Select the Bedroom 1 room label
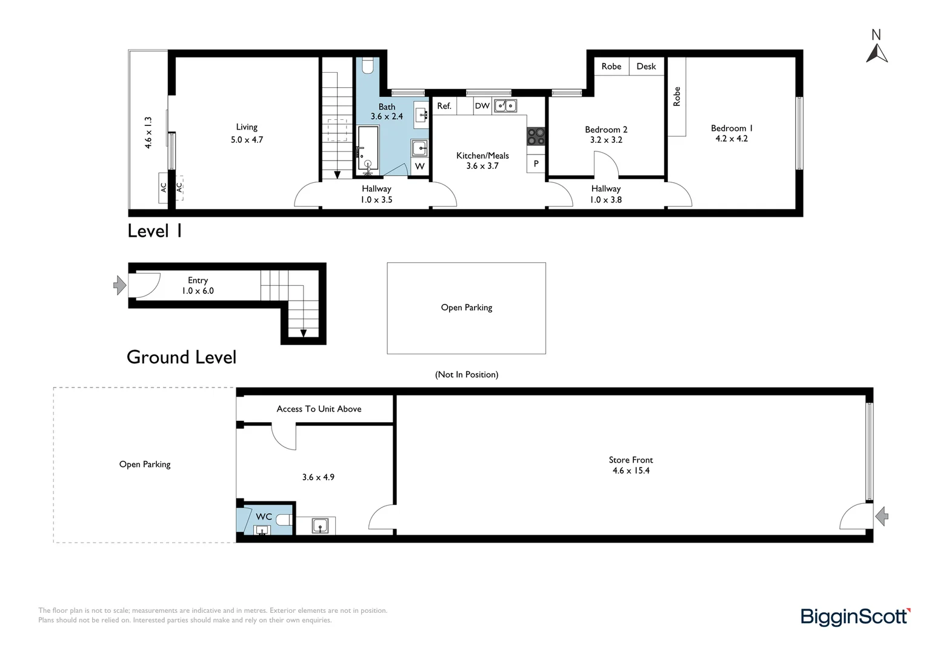pyautogui.click(x=731, y=128)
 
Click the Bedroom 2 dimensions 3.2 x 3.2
pyautogui.click(x=606, y=140)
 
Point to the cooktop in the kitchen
pyautogui.click(x=536, y=136)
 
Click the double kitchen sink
pyautogui.click(x=505, y=106)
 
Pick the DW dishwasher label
pyautogui.click(x=482, y=106)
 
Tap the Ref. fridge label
pyautogui.click(x=444, y=106)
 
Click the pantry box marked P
pyautogui.click(x=536, y=163)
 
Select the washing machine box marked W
pyautogui.click(x=419, y=167)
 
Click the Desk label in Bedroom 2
pyautogui.click(x=646, y=66)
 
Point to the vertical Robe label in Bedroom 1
pyautogui.click(x=677, y=96)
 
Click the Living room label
pyautogui.click(x=247, y=127)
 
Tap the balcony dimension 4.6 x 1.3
pyautogui.click(x=148, y=133)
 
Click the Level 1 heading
pyautogui.click(x=155, y=231)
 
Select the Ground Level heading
pyautogui.click(x=181, y=357)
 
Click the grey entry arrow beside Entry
pyautogui.click(x=120, y=285)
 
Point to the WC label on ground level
pyautogui.click(x=264, y=517)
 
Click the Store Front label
pyautogui.click(x=631, y=460)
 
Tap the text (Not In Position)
pyautogui.click(x=467, y=374)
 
